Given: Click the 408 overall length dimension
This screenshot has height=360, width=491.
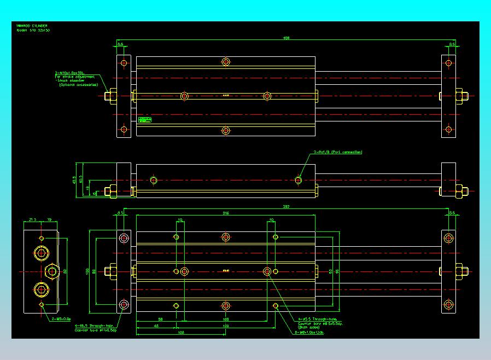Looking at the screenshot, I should (286, 38).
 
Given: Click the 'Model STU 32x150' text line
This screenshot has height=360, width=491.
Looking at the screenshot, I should (33, 31).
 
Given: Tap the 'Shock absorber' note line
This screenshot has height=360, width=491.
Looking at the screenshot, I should (77, 80).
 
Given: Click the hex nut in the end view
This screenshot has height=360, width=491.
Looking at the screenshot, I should (52, 271).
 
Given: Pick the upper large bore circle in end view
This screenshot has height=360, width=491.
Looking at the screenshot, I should (42, 253).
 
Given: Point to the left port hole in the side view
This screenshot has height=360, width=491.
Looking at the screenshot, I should (153, 180).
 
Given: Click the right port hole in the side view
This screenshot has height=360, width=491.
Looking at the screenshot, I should (298, 180).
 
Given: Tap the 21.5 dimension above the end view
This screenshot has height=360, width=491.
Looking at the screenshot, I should (32, 219).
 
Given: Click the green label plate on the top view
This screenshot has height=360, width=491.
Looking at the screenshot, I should (145, 119).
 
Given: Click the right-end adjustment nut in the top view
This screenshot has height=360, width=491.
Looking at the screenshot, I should (461, 96).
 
